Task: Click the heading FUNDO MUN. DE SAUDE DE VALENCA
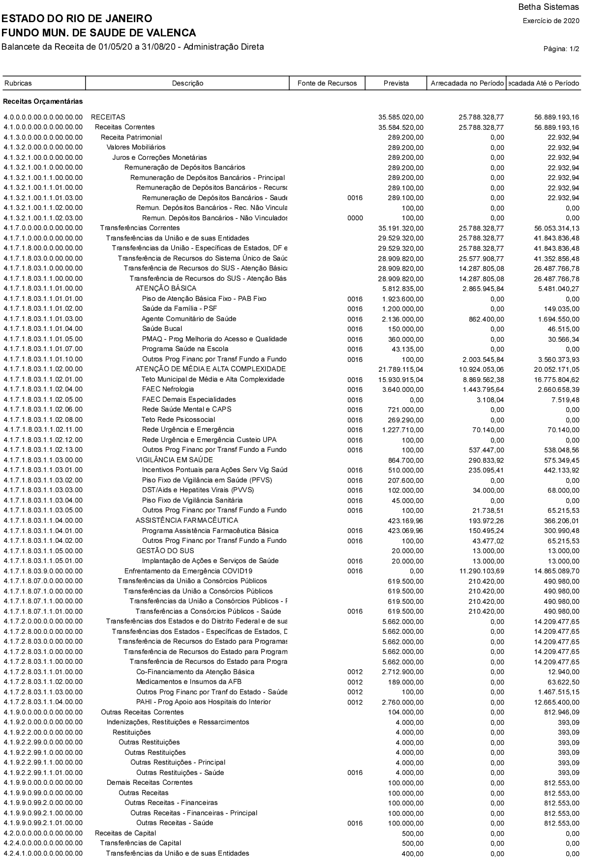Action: tap(99, 33)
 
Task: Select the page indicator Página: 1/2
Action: tap(561, 49)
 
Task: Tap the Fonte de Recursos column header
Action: tap(327, 83)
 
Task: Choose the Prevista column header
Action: tap(396, 83)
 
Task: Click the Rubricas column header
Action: tap(18, 83)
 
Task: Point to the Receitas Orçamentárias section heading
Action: tap(43, 101)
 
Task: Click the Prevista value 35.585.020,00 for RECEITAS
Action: tap(401, 117)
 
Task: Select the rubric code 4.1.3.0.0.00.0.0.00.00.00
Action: tap(43, 137)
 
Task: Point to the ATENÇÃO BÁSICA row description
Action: tap(166, 288)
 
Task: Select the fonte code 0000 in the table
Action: tap(355, 218)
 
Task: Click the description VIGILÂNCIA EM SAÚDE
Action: tap(175, 460)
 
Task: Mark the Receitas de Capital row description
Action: tap(125, 833)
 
